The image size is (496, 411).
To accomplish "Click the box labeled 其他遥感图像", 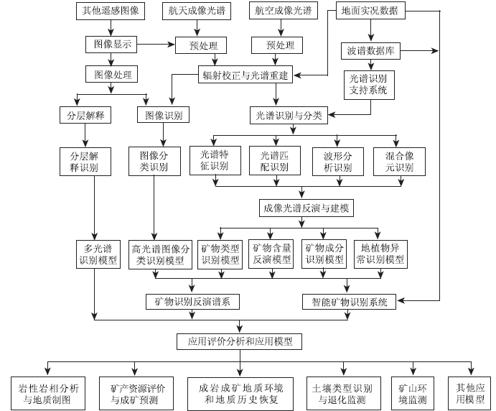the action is click(111, 11).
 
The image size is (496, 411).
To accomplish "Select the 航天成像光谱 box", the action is click(197, 11).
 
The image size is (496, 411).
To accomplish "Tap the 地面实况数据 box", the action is click(370, 11).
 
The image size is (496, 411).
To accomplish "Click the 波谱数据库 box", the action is click(370, 51).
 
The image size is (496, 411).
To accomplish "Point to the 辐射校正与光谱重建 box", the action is click(245, 75).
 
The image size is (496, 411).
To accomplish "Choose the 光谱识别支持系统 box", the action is click(369, 85).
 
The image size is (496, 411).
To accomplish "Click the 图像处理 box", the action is click(112, 75).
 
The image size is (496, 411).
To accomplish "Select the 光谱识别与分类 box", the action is click(289, 115).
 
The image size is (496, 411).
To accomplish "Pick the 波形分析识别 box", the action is click(338, 162).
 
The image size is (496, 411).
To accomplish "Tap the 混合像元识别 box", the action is click(399, 162).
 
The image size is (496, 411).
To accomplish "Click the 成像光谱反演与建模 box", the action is click(307, 208).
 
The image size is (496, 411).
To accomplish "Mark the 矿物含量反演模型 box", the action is click(271, 254).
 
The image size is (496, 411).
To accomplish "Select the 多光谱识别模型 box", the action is click(98, 254).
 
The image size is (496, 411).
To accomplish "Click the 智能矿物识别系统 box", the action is click(350, 302).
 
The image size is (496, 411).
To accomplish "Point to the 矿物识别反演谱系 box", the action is click(192, 302).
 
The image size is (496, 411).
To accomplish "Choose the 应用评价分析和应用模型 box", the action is click(239, 341).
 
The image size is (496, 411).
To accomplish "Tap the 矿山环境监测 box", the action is click(413, 393).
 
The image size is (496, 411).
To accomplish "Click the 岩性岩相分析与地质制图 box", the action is click(48, 393).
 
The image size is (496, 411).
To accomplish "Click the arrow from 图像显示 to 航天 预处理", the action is click(156, 44).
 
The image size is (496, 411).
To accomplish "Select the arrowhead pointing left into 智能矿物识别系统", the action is click(401, 300).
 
